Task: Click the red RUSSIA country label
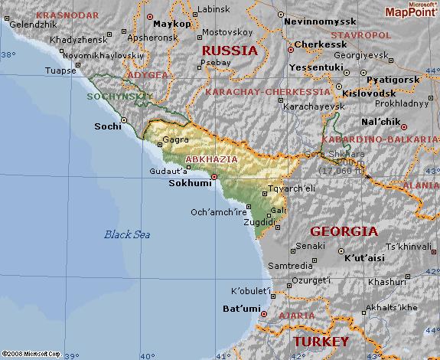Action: [x=230, y=51]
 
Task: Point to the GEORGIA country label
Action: [x=344, y=231]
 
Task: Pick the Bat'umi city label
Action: [x=238, y=309]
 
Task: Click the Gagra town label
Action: [x=176, y=141]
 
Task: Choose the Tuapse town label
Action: [x=61, y=70]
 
